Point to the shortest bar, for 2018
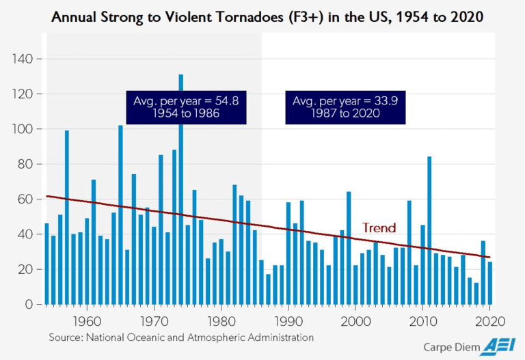click(x=476, y=294)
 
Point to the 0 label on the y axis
click(x=29, y=304)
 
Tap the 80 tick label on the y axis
click(x=25, y=164)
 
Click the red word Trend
click(x=379, y=227)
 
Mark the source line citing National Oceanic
click(x=181, y=337)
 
